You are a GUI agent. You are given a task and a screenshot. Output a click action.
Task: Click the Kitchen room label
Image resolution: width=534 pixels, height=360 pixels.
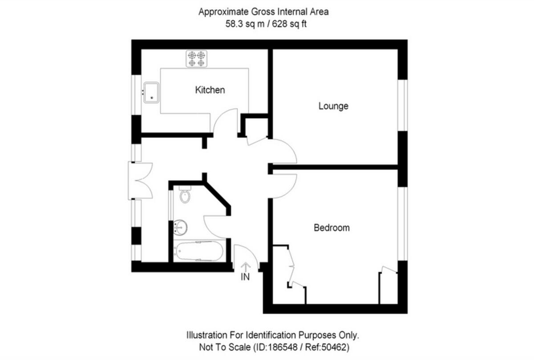click(x=210, y=90)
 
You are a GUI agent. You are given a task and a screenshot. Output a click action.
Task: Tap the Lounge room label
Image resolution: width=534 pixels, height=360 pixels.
click(x=333, y=106)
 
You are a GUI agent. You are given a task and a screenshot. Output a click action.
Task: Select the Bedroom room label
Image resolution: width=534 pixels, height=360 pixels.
click(x=332, y=228)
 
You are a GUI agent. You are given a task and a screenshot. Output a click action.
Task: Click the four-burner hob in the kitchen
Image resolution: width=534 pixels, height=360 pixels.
click(x=197, y=59)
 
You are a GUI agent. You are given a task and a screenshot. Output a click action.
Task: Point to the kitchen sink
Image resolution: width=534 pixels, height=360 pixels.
click(x=151, y=92)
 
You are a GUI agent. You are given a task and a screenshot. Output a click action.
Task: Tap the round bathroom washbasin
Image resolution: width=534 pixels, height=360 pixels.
click(x=181, y=227)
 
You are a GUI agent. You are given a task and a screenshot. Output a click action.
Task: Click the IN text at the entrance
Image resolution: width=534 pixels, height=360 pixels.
click(x=245, y=277)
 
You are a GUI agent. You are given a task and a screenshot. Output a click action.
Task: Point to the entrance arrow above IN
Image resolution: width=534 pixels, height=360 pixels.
click(x=246, y=266)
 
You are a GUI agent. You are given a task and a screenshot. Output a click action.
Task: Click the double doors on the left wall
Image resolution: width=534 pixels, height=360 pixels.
click(x=141, y=180)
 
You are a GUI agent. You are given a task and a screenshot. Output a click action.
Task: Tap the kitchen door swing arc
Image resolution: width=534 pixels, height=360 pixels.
click(x=226, y=120)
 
